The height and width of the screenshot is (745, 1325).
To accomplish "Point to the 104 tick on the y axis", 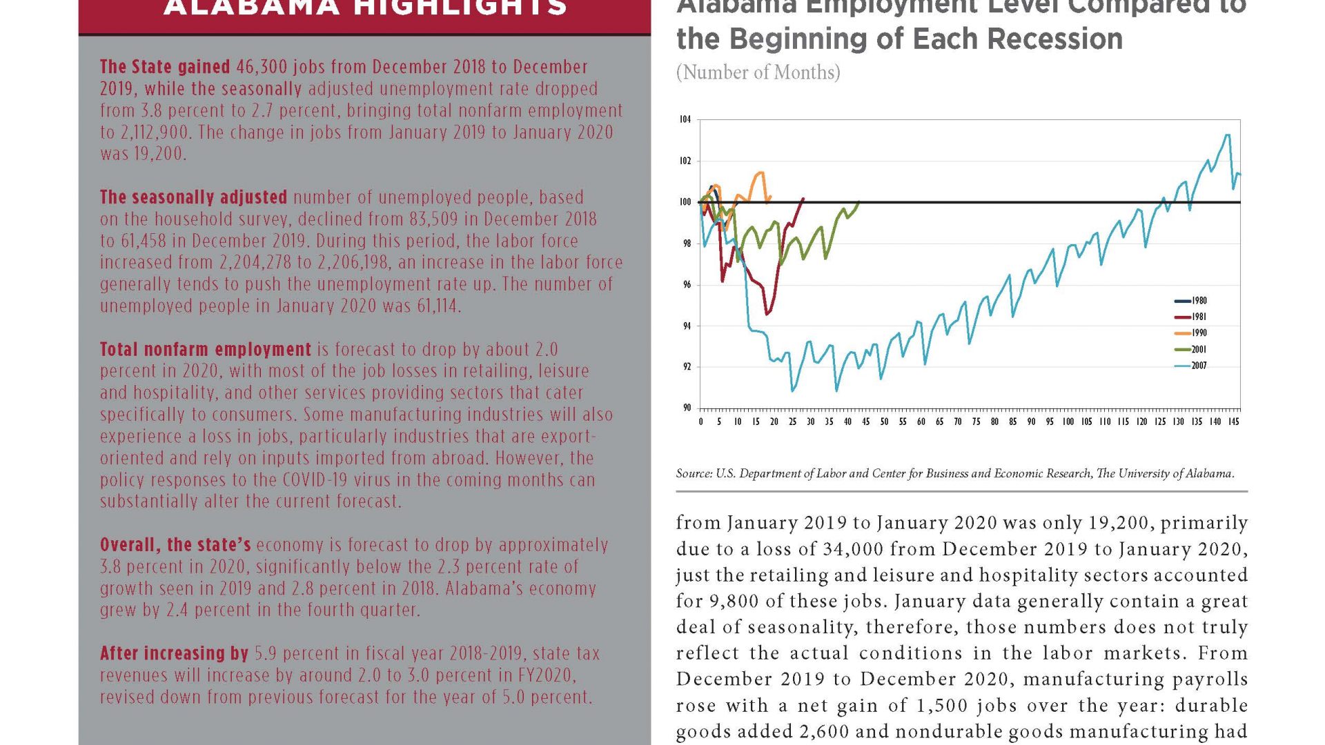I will pos(685,119).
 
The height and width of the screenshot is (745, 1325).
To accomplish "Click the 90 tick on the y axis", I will pos(687,408).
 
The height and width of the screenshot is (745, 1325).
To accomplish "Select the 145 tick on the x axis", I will pos(1233,421).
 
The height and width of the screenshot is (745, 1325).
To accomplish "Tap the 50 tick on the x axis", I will pos(884,421).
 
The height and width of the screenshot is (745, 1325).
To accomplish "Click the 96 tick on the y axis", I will pos(687,284).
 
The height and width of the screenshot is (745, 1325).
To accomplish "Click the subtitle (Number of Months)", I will pos(758,72).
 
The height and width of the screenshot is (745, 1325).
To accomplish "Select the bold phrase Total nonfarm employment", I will pos(206,350).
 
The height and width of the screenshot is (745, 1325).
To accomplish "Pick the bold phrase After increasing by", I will pos(174,653).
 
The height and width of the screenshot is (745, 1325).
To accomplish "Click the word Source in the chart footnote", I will pos(694,474).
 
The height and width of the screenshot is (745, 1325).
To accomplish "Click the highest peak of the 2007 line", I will pos(1227,135).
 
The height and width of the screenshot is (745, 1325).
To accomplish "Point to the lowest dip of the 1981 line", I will pos(767,315).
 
